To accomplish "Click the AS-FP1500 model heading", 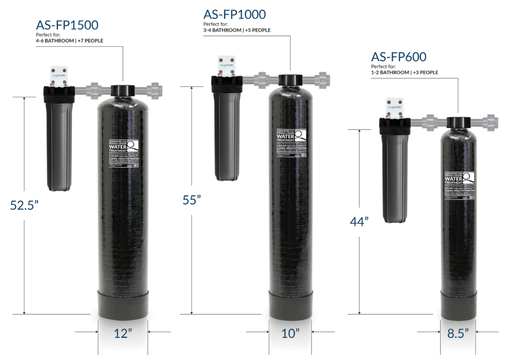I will tap(67, 25).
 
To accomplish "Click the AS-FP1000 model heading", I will tap(234, 15).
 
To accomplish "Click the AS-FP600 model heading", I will tap(398, 57).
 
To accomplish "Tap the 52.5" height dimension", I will tap(24, 205).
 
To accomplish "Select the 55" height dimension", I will tap(192, 200).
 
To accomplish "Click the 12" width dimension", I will tap(123, 333).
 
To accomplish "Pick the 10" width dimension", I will tap(291, 333).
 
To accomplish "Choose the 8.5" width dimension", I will tap(458, 333).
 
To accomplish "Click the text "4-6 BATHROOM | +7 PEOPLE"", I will tap(70, 40).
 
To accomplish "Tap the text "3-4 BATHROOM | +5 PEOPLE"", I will tap(237, 30).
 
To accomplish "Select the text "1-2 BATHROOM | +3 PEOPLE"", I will tap(405, 72).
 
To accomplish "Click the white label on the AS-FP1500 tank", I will tap(124, 153).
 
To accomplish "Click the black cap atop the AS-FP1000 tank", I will tap(291, 79).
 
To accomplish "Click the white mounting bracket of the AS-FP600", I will tap(394, 107).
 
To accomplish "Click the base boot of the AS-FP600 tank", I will tap(458, 307).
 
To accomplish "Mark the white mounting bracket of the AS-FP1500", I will tap(59, 76).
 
